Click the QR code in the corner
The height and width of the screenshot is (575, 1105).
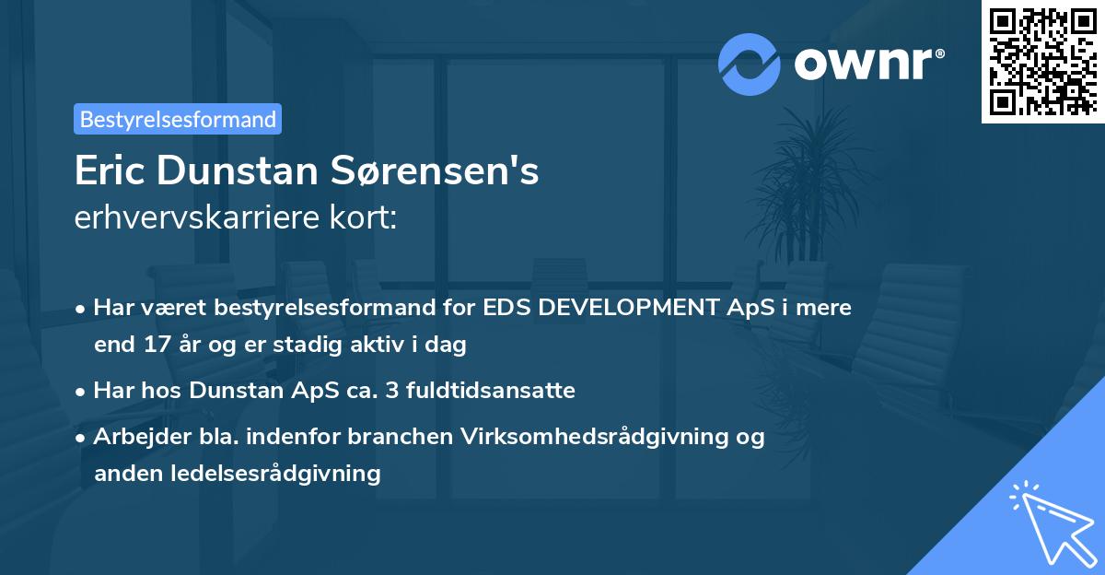pyautogui.click(x=1043, y=61)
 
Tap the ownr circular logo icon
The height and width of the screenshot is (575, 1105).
pyautogui.click(x=750, y=64)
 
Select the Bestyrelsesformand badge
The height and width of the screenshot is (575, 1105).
pyautogui.click(x=178, y=119)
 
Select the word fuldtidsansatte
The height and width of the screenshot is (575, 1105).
pyautogui.click(x=502, y=391)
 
